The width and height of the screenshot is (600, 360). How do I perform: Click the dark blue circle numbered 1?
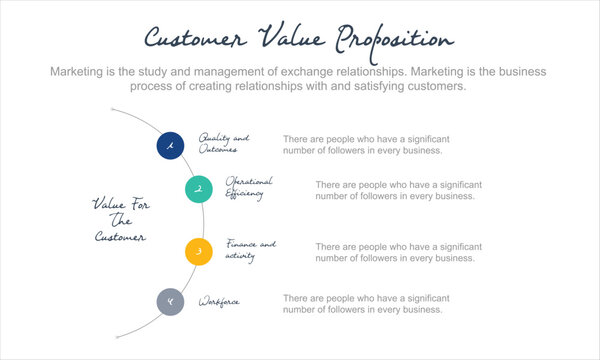click(x=170, y=146)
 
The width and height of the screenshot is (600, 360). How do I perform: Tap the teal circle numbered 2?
click(x=199, y=188)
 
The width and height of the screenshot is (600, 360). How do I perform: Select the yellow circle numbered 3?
click(x=199, y=251)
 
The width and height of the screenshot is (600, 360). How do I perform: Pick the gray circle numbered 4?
click(x=170, y=300)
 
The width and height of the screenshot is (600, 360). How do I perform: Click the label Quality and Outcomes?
click(x=223, y=143)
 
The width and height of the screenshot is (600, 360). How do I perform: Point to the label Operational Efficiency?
click(x=249, y=187)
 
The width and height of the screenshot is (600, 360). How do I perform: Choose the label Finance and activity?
click(x=250, y=250)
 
